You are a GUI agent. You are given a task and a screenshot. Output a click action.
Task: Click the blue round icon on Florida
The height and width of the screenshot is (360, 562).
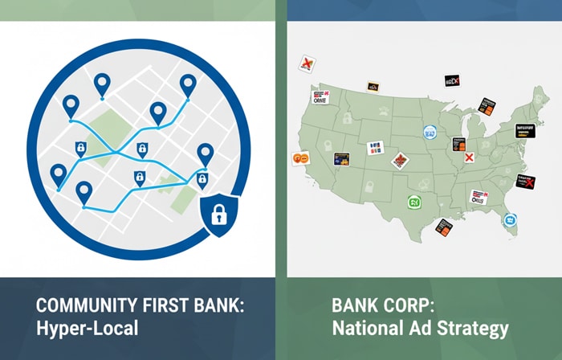[x=508, y=219]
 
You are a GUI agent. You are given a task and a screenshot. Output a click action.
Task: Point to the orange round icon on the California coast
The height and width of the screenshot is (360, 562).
[x=301, y=158]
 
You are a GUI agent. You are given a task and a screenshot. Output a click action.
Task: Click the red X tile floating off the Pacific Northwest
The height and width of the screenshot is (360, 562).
[x=305, y=63]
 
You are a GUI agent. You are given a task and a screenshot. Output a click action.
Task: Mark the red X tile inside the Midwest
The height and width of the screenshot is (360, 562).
[x=470, y=157]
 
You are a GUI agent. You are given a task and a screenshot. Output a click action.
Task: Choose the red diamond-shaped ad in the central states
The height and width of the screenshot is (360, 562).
[x=399, y=161]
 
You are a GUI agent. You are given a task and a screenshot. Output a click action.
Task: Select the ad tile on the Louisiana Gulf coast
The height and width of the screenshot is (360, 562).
[x=445, y=226]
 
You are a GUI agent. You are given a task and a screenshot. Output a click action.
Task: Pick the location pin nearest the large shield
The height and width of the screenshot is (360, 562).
[x=205, y=153]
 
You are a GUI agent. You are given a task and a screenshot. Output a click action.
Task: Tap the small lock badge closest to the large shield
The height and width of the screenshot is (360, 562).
[x=202, y=178]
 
